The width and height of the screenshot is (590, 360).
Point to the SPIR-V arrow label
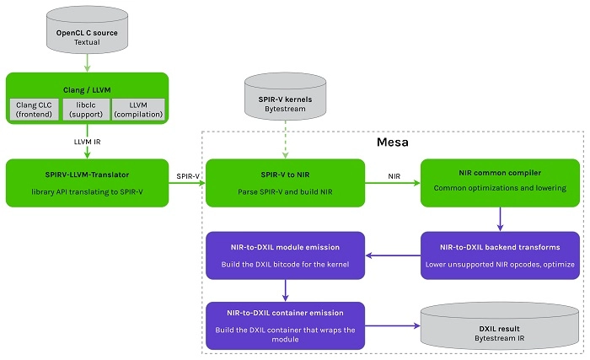pyautogui.click(x=188, y=175)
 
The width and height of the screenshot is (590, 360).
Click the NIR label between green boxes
pyautogui.click(x=393, y=175)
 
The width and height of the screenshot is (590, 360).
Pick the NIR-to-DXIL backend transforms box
pyautogui.click(x=499, y=256)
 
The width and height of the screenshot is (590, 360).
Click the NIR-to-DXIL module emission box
pyautogui.click(x=285, y=256)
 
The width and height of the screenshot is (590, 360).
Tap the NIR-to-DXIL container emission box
pyautogui.click(x=285, y=325)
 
